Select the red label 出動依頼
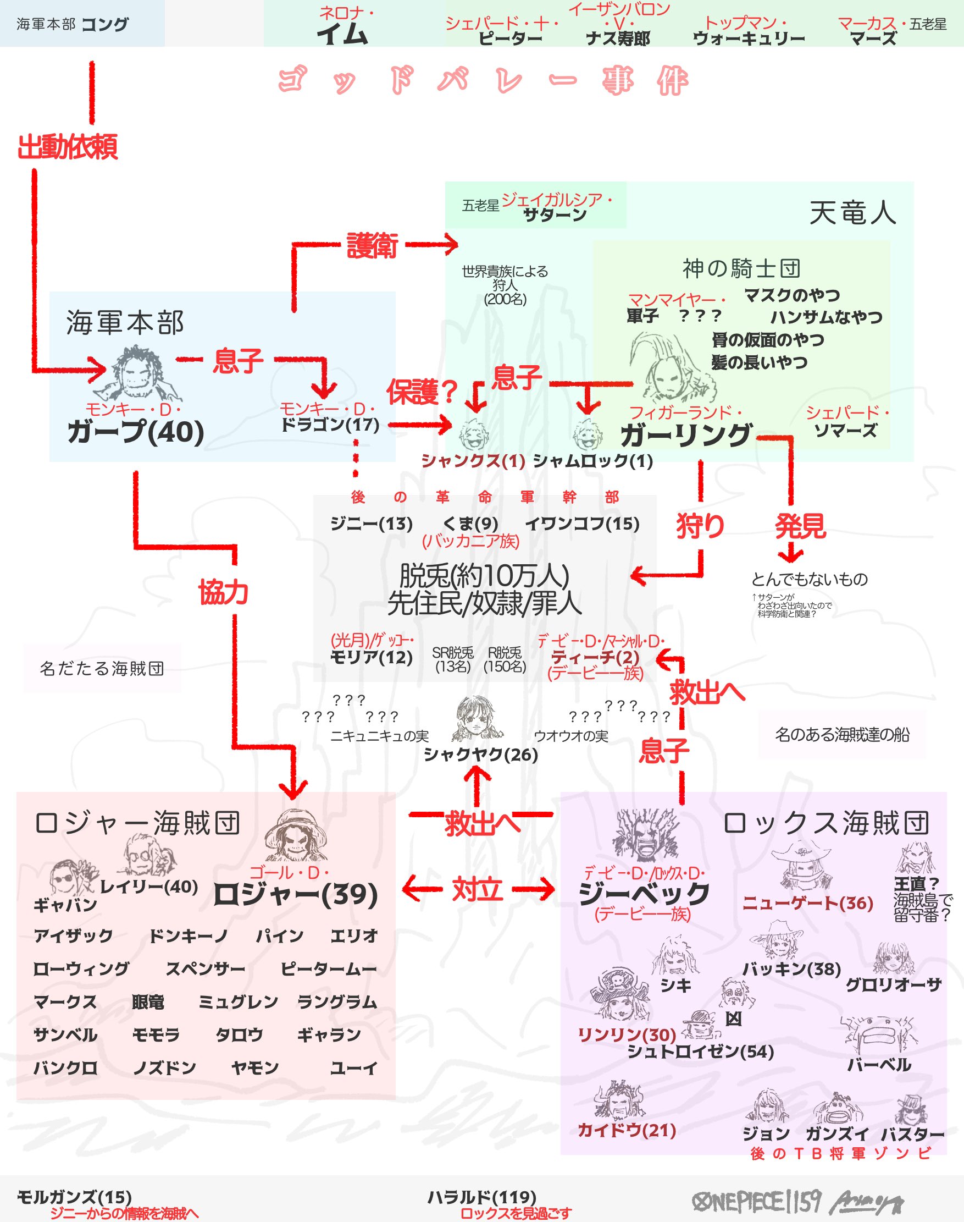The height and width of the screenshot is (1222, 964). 68,147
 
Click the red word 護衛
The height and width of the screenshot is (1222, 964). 373,246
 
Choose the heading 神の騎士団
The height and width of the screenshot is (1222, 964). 741,269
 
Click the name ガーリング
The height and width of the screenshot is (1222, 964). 686,435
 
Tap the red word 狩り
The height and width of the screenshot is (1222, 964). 700,525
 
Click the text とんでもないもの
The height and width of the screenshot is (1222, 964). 809,579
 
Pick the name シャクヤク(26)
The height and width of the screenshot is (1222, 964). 481,755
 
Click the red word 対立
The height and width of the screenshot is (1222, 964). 478,890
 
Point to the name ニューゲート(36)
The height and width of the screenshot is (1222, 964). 807,904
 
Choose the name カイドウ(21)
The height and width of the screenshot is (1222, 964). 627,1131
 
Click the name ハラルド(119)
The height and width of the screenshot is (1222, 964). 481,1197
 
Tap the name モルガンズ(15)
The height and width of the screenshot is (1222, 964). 74,1197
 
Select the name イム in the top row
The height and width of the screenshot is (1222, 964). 342,34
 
